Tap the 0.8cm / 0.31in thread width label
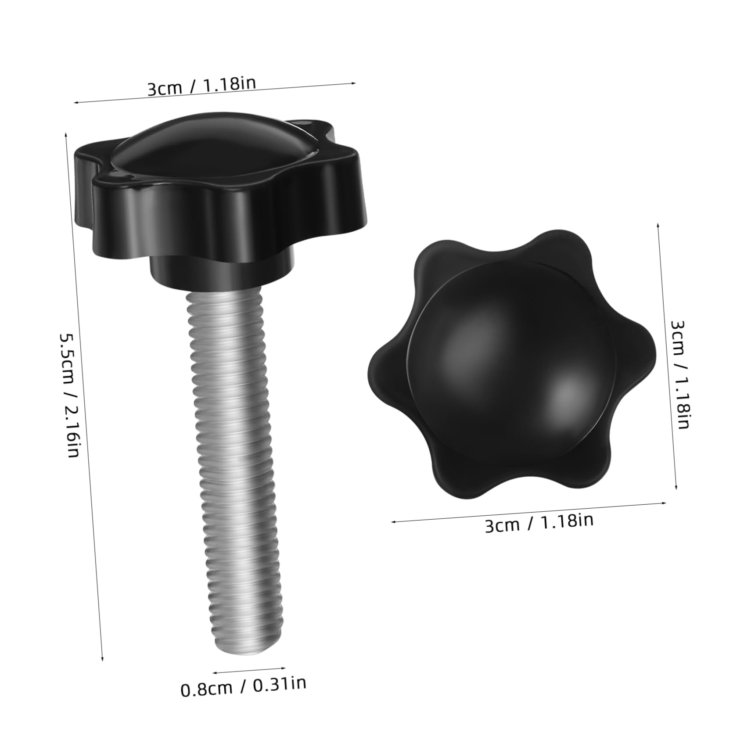(x=243, y=686)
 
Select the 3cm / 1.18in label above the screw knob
(x=201, y=86)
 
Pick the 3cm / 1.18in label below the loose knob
(x=539, y=523)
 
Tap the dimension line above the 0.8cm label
(x=249, y=669)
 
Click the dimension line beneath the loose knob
(x=528, y=512)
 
